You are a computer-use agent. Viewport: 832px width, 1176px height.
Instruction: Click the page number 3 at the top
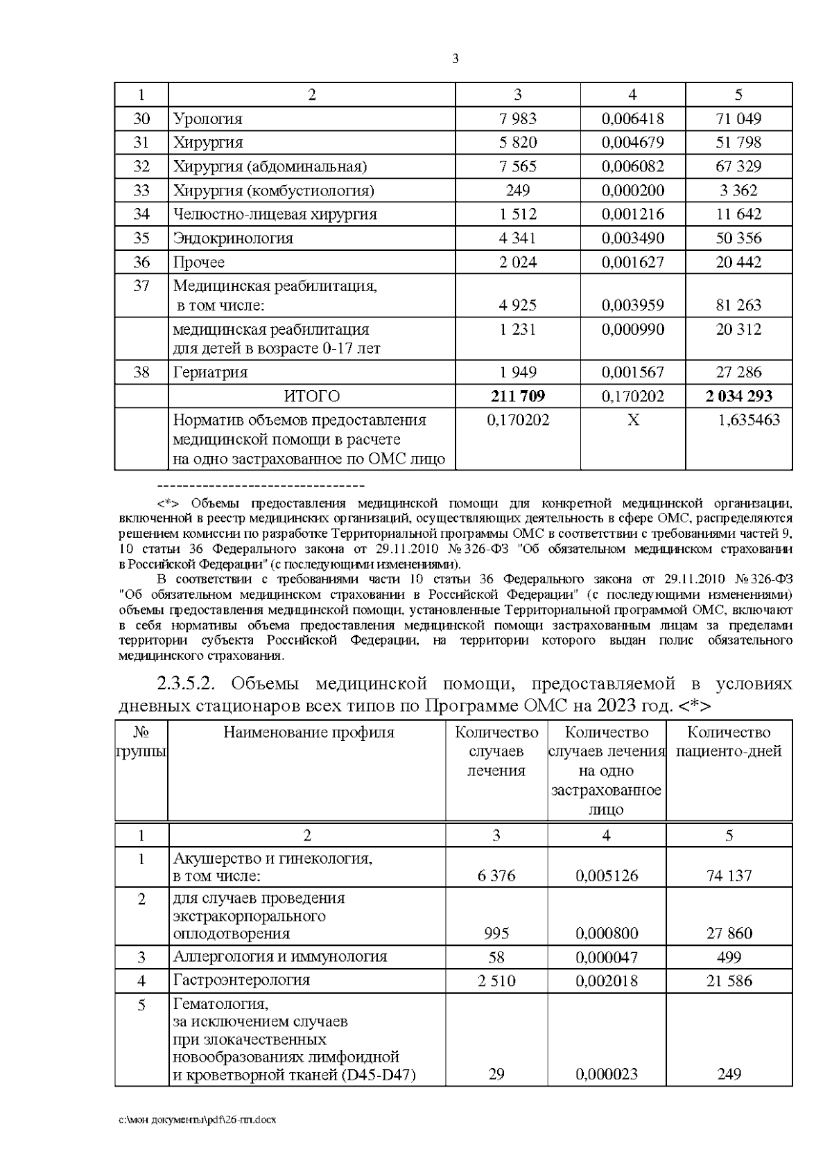tap(455, 59)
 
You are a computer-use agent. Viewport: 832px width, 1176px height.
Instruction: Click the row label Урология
tap(207, 119)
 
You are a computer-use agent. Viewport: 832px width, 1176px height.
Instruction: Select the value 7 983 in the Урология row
tap(517, 119)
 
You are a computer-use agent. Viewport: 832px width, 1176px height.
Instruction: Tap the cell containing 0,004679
tap(632, 143)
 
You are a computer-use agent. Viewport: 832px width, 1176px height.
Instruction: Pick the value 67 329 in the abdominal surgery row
tap(738, 166)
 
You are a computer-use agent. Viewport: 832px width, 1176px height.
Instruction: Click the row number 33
tap(141, 191)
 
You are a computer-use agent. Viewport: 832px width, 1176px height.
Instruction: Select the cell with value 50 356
tap(738, 238)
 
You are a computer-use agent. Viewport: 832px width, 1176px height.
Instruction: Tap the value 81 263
tap(738, 305)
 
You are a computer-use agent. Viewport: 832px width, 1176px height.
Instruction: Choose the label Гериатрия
tap(210, 372)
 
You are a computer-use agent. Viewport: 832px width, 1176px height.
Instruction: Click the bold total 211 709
tap(517, 396)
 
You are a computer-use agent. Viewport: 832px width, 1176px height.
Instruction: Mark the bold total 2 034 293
tap(738, 396)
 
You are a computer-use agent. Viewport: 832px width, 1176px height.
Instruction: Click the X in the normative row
tap(632, 420)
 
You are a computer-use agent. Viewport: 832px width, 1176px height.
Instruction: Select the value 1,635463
tap(748, 420)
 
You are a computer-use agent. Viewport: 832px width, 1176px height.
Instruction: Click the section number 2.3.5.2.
tap(184, 684)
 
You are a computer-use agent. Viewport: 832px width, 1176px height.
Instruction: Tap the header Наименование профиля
tap(309, 732)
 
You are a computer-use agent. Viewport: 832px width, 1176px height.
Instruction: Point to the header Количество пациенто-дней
tap(729, 742)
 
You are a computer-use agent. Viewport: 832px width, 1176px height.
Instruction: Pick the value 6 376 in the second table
tap(496, 875)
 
